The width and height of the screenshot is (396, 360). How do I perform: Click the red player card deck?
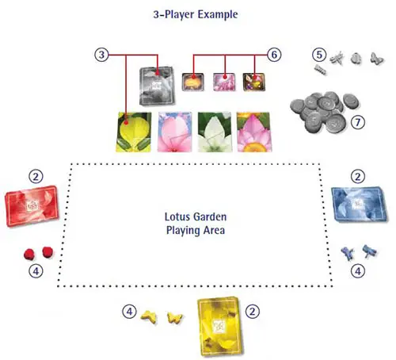click(x=32, y=206)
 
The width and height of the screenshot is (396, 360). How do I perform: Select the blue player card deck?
click(x=359, y=204)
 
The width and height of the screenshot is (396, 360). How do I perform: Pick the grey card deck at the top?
click(x=157, y=86)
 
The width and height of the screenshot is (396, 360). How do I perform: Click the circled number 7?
click(x=358, y=122)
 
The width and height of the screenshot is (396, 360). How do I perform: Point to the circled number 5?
click(x=319, y=55)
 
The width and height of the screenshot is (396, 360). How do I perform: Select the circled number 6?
click(x=274, y=55)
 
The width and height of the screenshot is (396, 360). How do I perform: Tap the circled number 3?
click(x=101, y=55)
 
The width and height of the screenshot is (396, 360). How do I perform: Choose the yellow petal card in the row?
click(x=134, y=132)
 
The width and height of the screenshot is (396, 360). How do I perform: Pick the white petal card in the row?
click(x=215, y=132)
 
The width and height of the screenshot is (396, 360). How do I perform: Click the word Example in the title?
click(x=218, y=14)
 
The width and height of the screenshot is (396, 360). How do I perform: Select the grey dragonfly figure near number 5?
click(x=337, y=58)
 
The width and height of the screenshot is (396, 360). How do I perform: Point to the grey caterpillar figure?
click(x=320, y=70)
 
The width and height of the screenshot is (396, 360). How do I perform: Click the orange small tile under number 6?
click(x=193, y=82)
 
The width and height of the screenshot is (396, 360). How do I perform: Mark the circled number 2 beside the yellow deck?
click(x=253, y=312)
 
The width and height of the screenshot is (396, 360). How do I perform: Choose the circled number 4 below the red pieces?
click(x=36, y=271)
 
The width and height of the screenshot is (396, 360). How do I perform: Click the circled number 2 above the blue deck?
click(x=358, y=176)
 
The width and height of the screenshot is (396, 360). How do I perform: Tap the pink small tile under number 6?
click(x=224, y=82)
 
